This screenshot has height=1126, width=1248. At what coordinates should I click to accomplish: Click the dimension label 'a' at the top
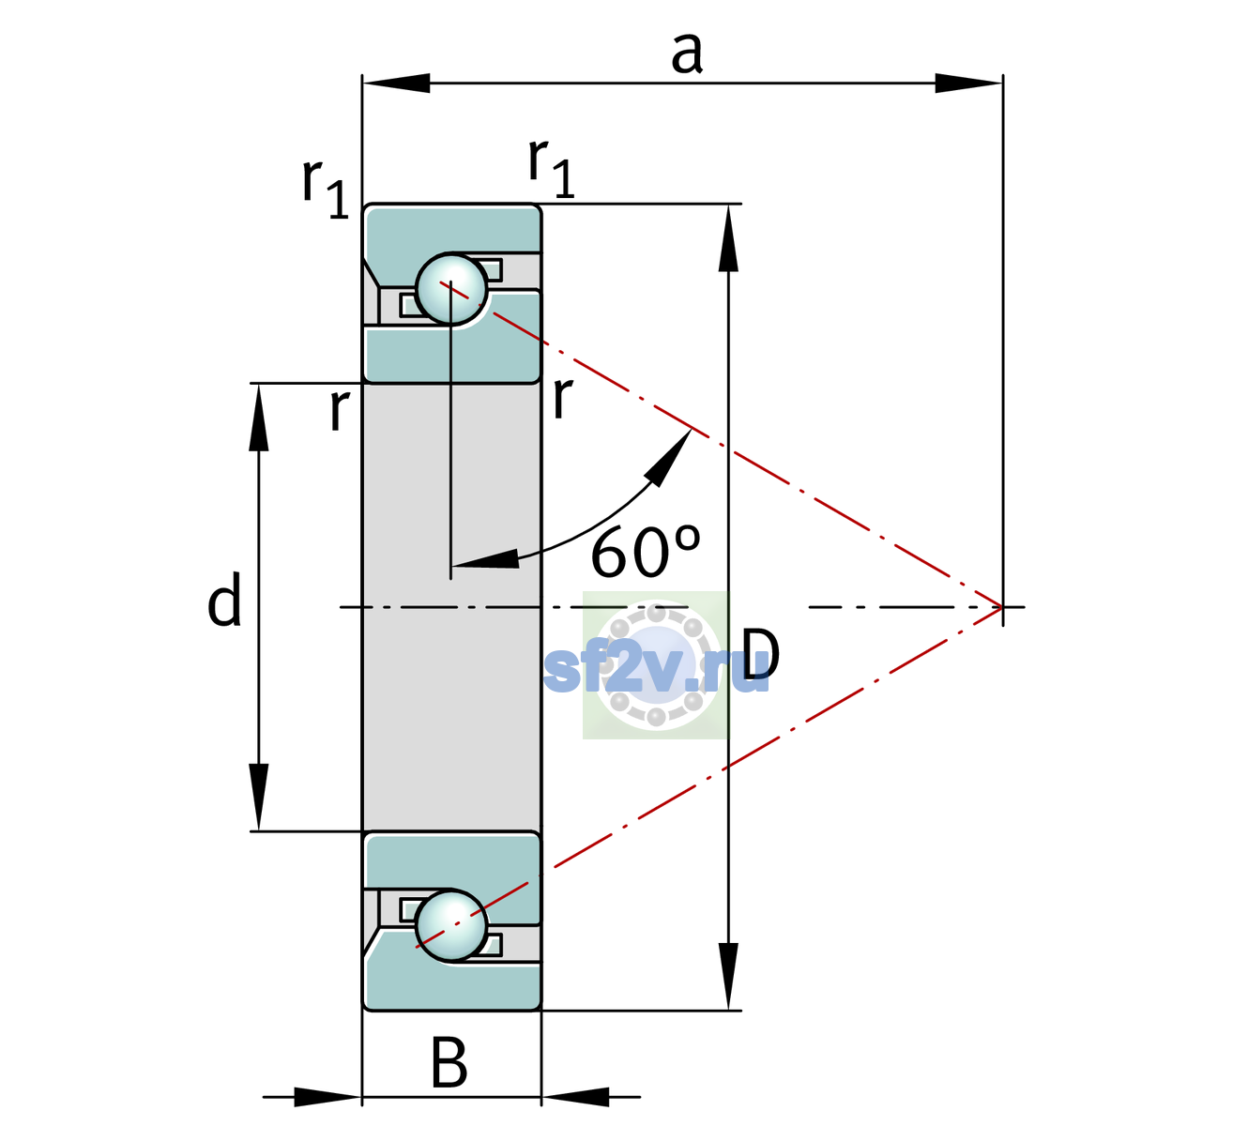[687, 54]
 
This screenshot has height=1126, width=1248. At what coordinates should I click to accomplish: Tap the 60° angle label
[646, 551]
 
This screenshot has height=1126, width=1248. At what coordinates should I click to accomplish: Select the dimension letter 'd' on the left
[224, 599]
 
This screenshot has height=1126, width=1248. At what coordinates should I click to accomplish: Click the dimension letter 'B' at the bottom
[449, 1062]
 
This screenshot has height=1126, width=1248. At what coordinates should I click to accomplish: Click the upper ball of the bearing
[451, 289]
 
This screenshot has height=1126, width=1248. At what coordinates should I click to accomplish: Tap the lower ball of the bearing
[451, 926]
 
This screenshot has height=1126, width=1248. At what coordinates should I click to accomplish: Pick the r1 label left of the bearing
[325, 187]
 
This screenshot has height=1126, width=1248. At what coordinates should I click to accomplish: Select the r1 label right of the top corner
[551, 167]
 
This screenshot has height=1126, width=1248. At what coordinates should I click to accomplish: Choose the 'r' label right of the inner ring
[562, 397]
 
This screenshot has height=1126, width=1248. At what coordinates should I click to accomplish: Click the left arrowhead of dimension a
[396, 83]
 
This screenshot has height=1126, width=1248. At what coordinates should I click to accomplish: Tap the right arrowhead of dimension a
[968, 83]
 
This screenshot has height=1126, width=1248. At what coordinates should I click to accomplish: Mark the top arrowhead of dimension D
[728, 238]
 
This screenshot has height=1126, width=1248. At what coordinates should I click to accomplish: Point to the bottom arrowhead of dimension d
[259, 797]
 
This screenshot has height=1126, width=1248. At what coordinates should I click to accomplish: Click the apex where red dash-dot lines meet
[1002, 606]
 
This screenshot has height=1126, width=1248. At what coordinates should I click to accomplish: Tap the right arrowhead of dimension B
[575, 1097]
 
